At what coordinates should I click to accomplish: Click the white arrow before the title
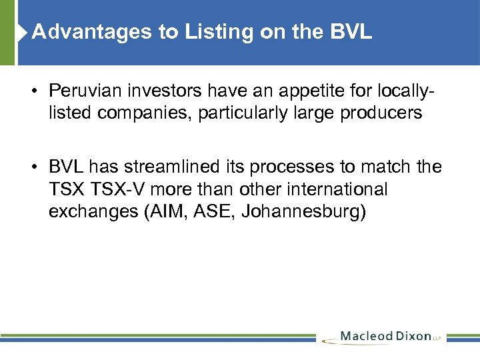point(25,31)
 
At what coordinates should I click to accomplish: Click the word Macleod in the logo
point(367,336)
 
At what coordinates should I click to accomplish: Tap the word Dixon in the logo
point(415,336)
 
